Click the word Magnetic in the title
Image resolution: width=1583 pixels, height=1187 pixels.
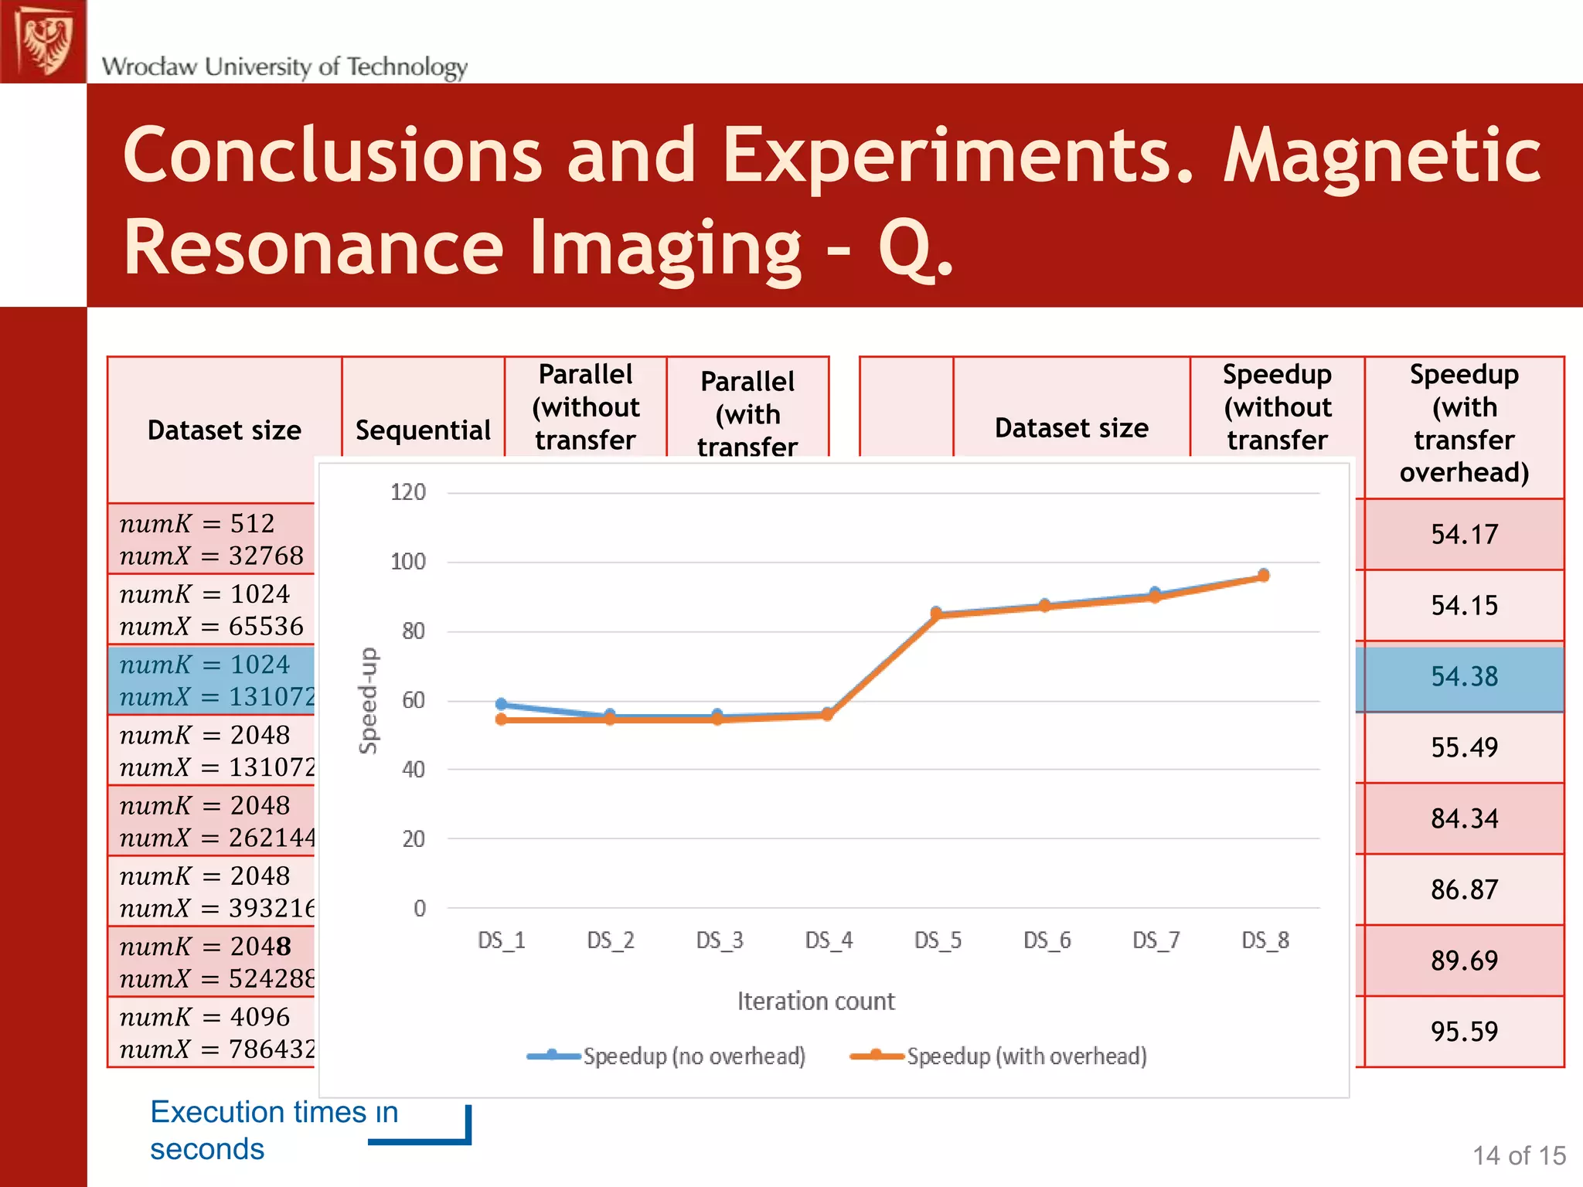click(1382, 156)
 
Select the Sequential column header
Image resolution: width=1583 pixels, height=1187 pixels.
click(423, 430)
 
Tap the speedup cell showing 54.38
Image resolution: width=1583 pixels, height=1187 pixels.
click(1464, 677)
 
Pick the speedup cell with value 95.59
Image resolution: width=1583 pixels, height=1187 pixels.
click(1464, 1032)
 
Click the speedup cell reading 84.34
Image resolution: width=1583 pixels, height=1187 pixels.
click(1464, 818)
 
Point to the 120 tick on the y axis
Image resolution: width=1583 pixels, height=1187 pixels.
click(408, 492)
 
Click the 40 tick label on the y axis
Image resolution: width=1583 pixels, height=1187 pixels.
click(413, 770)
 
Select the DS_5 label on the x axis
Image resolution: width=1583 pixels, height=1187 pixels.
click(938, 940)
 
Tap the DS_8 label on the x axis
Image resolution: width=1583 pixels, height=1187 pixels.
click(1265, 940)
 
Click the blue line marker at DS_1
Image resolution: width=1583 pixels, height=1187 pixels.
click(501, 704)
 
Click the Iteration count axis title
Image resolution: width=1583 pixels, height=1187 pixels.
click(815, 1002)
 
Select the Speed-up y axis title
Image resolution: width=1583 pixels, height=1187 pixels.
click(369, 700)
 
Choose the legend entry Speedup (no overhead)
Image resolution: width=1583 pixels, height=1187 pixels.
click(693, 1056)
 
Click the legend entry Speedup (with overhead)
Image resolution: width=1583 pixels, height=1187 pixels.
click(1026, 1056)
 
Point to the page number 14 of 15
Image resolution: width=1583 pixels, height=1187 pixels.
click(1518, 1156)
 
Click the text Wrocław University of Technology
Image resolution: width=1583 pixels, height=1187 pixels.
click(284, 66)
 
